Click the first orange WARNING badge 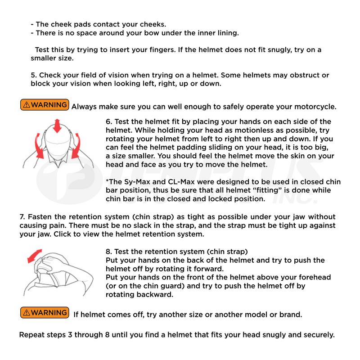click(45, 105)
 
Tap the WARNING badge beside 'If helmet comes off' click(45, 312)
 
